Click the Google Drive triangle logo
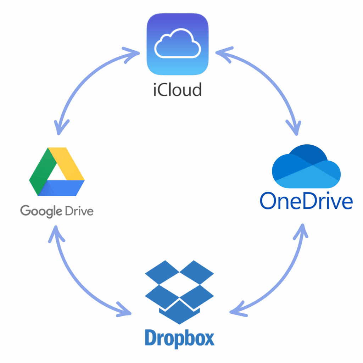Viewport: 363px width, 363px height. (x=57, y=172)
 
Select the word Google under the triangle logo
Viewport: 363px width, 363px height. (x=41, y=211)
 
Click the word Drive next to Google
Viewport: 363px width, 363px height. (x=80, y=211)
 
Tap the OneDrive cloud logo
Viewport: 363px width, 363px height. (x=306, y=167)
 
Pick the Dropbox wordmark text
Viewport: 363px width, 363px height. (x=179, y=338)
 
